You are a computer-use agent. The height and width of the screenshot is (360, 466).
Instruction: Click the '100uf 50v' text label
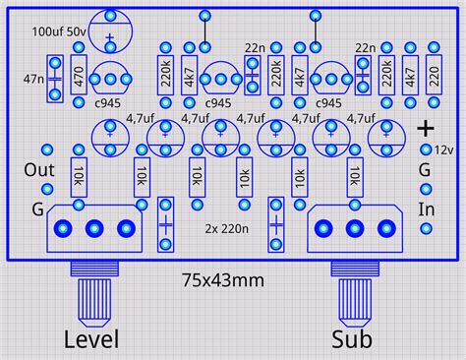point(56,31)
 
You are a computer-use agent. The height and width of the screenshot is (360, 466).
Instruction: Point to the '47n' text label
point(31,77)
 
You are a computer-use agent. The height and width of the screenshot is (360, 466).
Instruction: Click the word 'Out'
point(38,168)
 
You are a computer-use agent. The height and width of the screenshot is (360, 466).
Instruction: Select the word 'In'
point(427,209)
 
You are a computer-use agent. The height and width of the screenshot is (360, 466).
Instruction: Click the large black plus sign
point(426,127)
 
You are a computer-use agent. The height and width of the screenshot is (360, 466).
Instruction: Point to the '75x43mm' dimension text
point(223,279)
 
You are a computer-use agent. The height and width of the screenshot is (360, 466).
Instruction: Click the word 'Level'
point(91,340)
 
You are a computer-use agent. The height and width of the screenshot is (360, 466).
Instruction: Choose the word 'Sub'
point(352,340)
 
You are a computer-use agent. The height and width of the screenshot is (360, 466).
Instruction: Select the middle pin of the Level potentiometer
point(94,228)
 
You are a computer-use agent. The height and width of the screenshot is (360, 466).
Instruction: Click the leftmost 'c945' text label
point(109,103)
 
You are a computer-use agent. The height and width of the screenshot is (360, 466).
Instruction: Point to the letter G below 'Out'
point(37,209)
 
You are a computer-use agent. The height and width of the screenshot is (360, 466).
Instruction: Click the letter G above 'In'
point(426,169)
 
